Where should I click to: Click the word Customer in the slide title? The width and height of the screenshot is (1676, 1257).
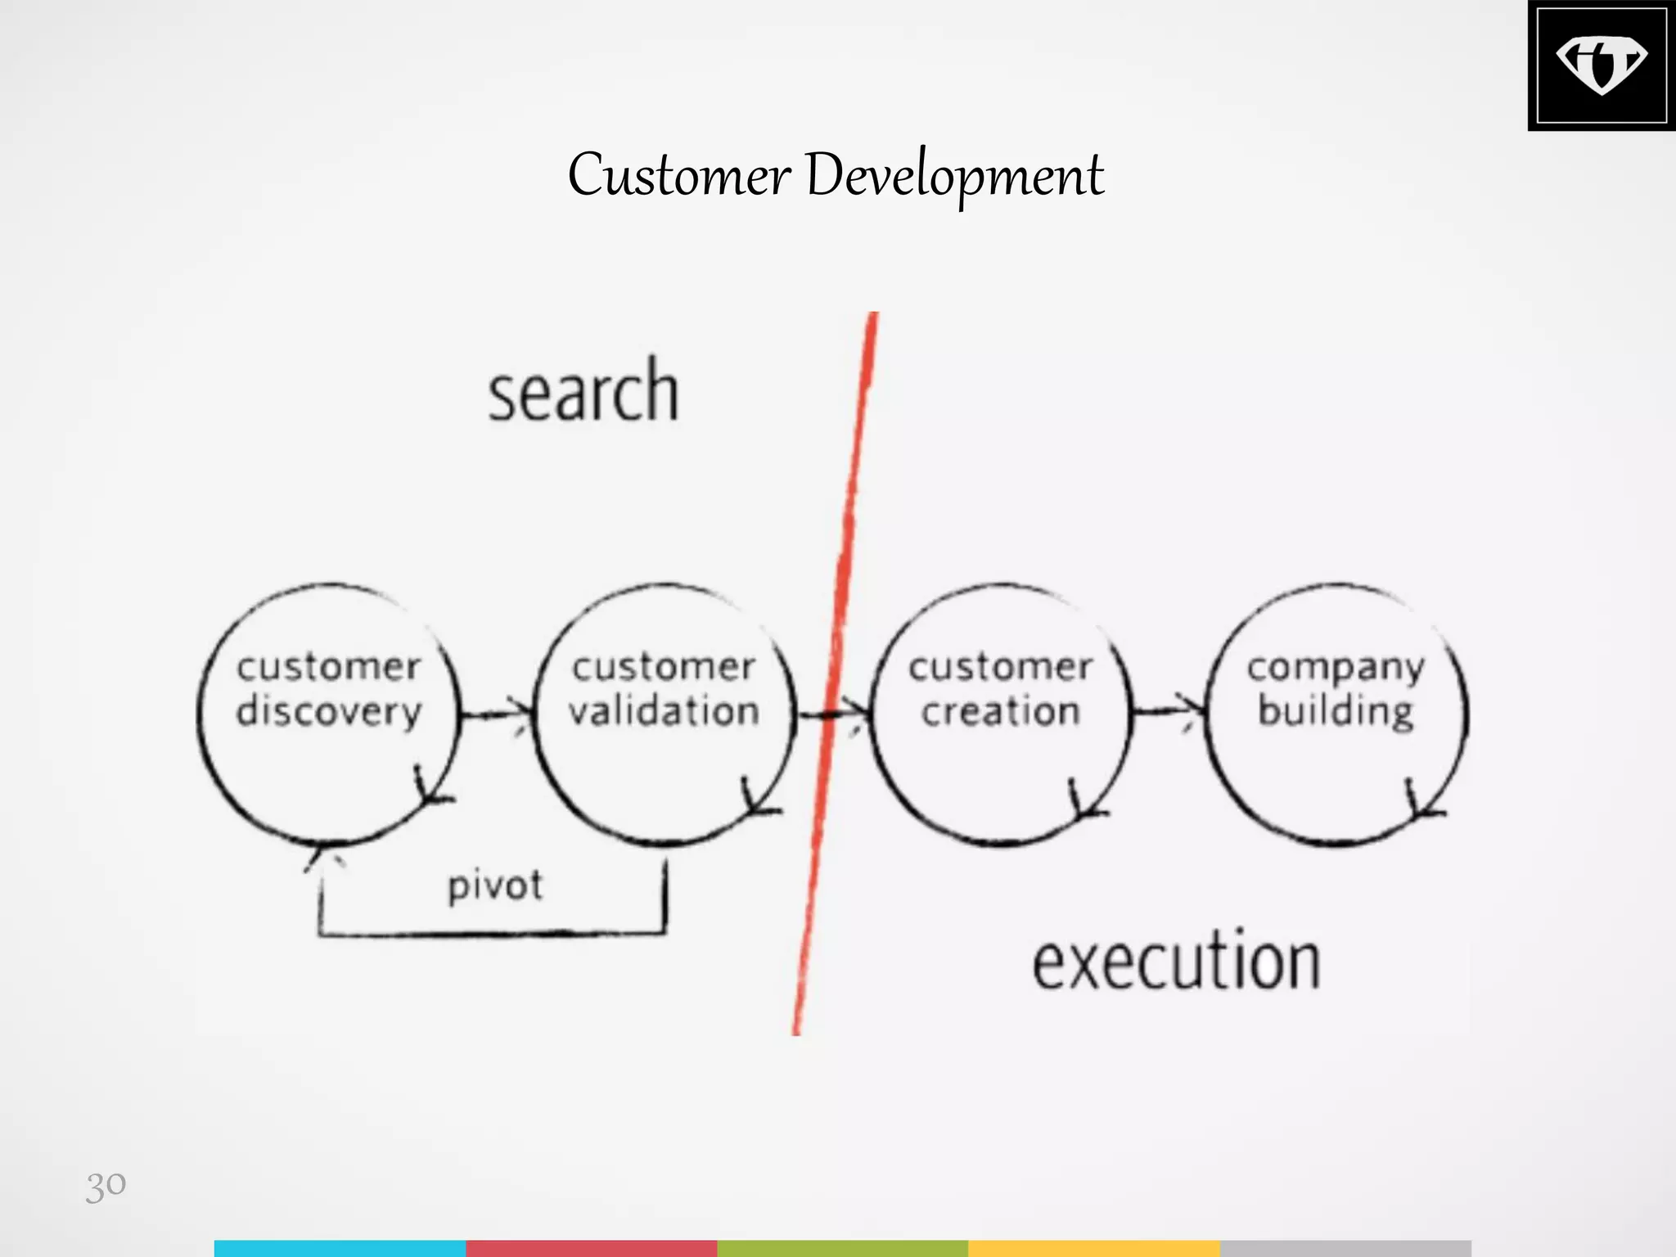[679, 174]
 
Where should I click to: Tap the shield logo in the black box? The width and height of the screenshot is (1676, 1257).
[1600, 65]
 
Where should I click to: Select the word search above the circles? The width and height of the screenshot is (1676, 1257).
[583, 392]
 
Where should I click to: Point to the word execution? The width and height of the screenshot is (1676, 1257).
[1176, 962]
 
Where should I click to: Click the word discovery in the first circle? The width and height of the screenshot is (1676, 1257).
[328, 711]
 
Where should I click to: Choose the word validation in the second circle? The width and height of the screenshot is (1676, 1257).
[664, 710]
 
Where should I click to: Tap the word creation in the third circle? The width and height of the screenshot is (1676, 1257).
[1000, 711]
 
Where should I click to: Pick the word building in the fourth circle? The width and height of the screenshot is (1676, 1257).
[1336, 711]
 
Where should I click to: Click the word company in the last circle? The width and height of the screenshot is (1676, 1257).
[1336, 668]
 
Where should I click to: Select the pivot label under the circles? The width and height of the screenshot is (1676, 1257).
[494, 885]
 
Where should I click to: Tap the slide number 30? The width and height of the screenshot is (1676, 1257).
[106, 1184]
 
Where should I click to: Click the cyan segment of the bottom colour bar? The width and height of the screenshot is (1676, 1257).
[340, 1248]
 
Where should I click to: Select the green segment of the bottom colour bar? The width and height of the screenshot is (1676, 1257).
[842, 1248]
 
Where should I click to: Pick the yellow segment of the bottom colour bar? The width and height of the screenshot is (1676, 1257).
[1093, 1248]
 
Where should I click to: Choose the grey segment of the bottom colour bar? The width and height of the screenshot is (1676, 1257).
[1345, 1248]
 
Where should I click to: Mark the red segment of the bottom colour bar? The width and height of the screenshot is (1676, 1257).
[591, 1248]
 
